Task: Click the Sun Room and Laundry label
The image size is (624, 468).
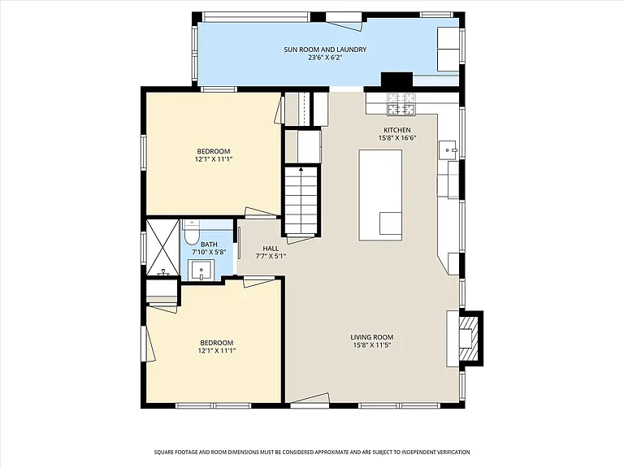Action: coord(325,50)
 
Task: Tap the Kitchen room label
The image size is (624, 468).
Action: coord(396,130)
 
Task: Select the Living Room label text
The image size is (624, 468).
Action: coord(371,337)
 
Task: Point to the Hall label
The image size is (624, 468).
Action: coord(271,249)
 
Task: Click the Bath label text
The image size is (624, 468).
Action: coord(209,245)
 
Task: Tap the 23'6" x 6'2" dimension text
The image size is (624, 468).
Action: coord(325,58)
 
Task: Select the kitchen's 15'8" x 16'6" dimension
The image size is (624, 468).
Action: coord(396,138)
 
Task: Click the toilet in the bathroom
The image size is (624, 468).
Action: coord(190,232)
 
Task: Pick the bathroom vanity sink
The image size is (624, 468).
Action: coord(201,271)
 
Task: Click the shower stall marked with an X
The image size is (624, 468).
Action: coord(162,247)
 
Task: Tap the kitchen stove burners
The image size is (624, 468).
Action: coord(401,104)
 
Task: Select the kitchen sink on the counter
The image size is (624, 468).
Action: coord(448,150)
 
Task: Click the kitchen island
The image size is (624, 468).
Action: coord(380,195)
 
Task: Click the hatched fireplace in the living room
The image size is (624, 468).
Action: coord(468,338)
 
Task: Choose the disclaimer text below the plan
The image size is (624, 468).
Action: coord(312,452)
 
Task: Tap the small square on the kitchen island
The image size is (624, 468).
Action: coord(390,223)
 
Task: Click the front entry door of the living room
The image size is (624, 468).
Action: coord(310,400)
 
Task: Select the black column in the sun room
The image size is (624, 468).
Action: coord(396,80)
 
